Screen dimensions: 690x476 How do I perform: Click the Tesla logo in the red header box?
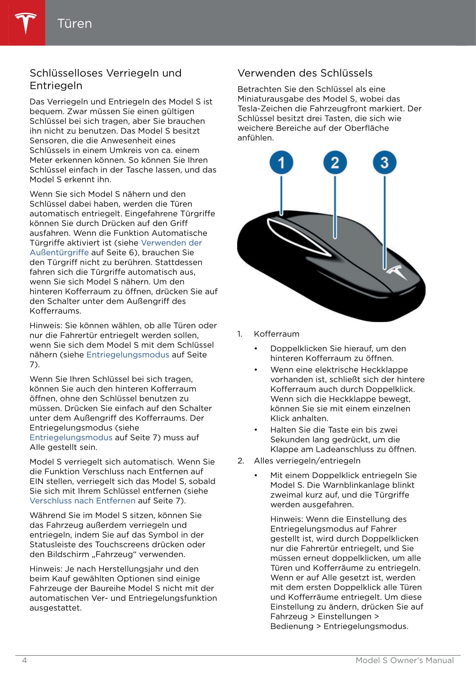[25, 23]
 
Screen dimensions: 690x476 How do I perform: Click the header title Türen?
[75, 23]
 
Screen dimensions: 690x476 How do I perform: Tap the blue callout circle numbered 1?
[281, 163]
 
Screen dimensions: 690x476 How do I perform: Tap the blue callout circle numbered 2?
[335, 163]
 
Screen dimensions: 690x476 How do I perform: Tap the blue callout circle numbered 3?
[384, 163]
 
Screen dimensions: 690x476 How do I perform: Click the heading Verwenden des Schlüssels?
[305, 73]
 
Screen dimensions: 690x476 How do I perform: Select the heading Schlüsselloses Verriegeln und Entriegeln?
[105, 79]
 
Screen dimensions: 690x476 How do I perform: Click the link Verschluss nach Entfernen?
[83, 501]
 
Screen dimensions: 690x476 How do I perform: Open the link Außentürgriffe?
[59, 252]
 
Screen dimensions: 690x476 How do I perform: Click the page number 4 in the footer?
[24, 660]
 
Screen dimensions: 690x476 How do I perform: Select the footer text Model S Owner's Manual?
[404, 660]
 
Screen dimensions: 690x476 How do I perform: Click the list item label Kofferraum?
[276, 334]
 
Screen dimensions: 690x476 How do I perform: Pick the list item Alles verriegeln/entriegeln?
[307, 461]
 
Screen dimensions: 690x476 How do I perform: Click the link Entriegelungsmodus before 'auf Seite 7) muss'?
[71, 438]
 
